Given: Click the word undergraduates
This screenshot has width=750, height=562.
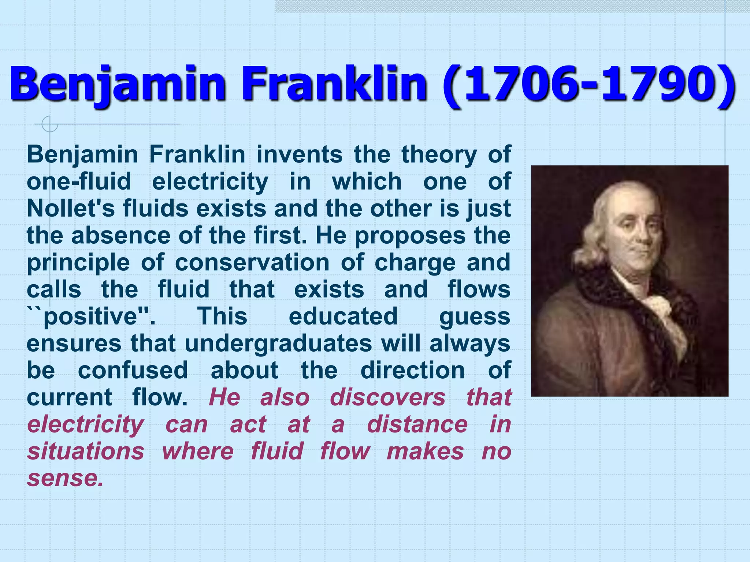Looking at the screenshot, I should click(278, 344).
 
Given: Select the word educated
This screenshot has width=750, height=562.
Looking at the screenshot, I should click(343, 316).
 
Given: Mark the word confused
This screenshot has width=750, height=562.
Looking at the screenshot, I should click(133, 370).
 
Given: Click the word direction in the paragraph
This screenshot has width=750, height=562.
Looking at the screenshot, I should click(413, 370).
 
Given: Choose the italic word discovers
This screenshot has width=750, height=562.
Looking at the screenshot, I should click(387, 397).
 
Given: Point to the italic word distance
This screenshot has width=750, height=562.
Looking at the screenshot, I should click(417, 424).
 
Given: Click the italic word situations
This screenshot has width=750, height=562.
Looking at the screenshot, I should click(86, 451).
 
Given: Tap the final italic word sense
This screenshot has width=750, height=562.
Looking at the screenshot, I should click(65, 478).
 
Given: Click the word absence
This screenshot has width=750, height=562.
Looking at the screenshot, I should click(121, 236).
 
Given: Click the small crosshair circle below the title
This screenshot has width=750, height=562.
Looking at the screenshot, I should click(49, 124).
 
